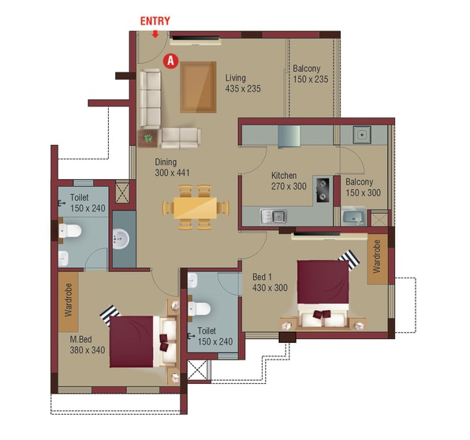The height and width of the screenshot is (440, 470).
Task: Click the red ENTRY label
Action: [x=155, y=21]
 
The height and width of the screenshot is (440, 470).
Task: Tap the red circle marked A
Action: [x=170, y=61]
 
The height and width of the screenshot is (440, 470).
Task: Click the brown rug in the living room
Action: [x=198, y=88]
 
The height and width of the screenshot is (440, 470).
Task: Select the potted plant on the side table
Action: [x=147, y=138]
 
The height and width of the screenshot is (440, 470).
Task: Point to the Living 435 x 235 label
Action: [x=243, y=84]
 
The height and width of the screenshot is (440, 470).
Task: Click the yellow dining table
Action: [x=195, y=207]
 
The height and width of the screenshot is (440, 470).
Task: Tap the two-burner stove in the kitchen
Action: [x=323, y=189]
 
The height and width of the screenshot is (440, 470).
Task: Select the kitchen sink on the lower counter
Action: [x=274, y=216]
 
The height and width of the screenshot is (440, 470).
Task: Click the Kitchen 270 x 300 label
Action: [x=289, y=181]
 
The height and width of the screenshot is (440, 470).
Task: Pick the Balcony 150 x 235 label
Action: [x=311, y=74]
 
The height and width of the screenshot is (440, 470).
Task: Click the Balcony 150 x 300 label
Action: [x=363, y=188]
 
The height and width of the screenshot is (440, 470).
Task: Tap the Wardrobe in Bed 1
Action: [x=378, y=259]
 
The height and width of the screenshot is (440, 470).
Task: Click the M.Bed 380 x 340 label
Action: [x=88, y=345]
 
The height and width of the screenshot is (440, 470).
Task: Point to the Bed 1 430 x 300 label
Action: [x=270, y=282]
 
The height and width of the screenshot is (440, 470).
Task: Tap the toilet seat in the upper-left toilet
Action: [x=70, y=231]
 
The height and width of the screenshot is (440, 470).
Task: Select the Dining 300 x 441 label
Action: [x=172, y=167]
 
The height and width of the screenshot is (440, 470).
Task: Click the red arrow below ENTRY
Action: [x=155, y=34]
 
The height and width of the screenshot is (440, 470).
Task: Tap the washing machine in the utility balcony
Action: [x=353, y=216]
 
